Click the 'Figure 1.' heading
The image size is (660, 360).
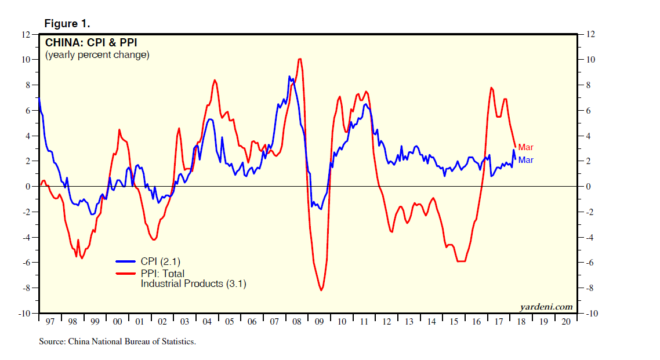tap(67, 24)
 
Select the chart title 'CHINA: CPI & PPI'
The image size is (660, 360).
tap(91, 42)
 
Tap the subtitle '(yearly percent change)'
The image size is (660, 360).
tap(97, 55)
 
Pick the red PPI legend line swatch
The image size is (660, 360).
tap(126, 273)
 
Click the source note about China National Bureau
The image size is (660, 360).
tap(117, 341)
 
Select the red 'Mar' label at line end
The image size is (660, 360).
tap(525, 147)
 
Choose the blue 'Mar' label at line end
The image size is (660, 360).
tap(525, 160)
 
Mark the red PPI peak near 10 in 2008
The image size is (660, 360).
tap(299, 59)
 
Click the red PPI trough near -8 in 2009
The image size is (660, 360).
tap(321, 290)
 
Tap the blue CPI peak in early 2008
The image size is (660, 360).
tap(289, 77)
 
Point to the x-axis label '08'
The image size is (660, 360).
tap(296, 321)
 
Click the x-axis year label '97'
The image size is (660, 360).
tap(50, 321)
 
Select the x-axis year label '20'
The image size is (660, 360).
tap(566, 321)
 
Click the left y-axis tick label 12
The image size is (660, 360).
tap(26, 34)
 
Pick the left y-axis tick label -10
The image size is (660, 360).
tap(24, 314)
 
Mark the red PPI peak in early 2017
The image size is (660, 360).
tap(491, 88)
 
